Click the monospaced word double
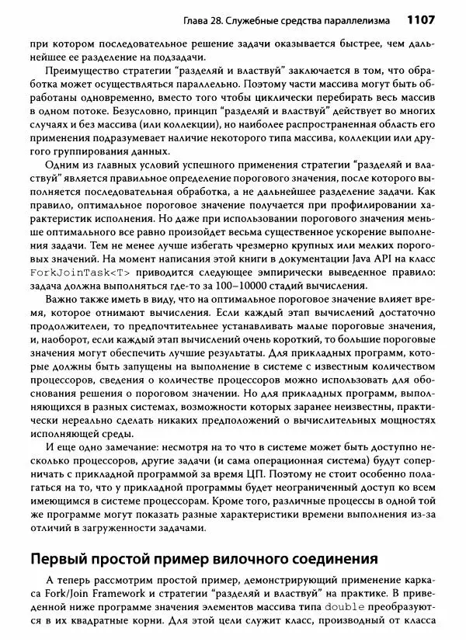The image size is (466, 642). [x=339, y=606]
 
